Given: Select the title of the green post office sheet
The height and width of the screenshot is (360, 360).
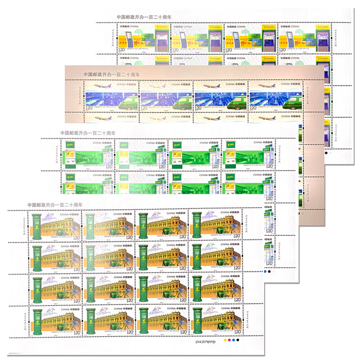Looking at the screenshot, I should click(88, 133).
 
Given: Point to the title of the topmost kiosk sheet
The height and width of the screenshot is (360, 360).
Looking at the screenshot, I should click(144, 17).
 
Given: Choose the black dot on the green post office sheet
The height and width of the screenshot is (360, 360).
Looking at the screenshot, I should click(269, 272).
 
